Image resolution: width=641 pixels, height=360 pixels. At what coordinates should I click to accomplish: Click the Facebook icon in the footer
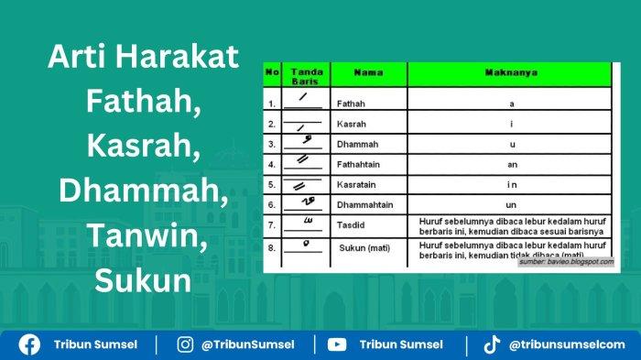click(30, 344)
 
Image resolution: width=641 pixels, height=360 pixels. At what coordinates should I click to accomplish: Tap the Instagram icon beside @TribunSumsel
click(186, 344)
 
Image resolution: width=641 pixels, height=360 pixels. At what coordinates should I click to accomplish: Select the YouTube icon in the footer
click(337, 344)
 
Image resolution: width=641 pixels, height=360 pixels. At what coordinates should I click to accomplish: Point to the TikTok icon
click(492, 344)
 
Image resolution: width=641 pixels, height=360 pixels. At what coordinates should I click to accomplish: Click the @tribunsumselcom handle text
click(568, 344)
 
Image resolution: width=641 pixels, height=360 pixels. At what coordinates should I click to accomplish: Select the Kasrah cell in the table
click(352, 124)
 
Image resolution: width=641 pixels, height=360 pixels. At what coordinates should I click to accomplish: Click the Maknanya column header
click(511, 71)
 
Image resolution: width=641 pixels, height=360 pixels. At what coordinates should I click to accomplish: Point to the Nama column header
click(368, 71)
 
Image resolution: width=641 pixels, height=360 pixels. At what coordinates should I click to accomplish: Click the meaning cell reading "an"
click(512, 164)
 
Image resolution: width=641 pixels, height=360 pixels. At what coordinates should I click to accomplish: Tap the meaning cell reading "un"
click(512, 204)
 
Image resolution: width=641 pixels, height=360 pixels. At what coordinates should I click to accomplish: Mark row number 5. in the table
click(272, 184)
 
